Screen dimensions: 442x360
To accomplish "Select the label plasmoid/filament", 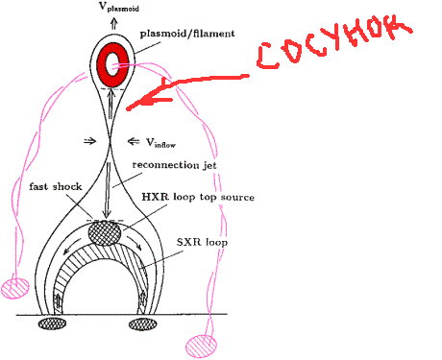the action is pyautogui.click(x=187, y=34).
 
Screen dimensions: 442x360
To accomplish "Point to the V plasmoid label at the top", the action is pyautogui.click(x=119, y=7).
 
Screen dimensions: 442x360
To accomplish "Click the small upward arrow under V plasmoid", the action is pyautogui.click(x=114, y=23).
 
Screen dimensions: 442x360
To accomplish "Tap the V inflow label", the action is pyautogui.click(x=160, y=143).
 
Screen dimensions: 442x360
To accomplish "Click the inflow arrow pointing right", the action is pyautogui.click(x=89, y=141).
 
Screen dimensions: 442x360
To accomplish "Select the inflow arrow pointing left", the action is pyautogui.click(x=134, y=141).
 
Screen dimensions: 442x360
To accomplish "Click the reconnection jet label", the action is pyautogui.click(x=175, y=165).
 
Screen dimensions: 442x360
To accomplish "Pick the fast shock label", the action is pyautogui.click(x=56, y=186).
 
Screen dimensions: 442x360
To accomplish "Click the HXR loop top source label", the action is pyautogui.click(x=198, y=197).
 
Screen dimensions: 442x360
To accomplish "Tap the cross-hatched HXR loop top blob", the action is pyautogui.click(x=105, y=233).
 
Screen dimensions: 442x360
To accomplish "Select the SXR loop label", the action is pyautogui.click(x=202, y=242).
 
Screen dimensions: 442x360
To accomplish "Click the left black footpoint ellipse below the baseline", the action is pyautogui.click(x=52, y=324).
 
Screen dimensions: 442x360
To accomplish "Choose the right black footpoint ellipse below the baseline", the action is pyautogui.click(x=143, y=324).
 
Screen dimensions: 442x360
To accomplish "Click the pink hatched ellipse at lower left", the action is pyautogui.click(x=15, y=288).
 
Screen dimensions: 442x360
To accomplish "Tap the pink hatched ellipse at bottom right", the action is pyautogui.click(x=201, y=346).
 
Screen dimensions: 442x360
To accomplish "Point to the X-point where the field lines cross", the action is pyautogui.click(x=110, y=142).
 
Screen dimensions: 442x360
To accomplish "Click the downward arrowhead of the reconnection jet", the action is pyautogui.click(x=106, y=215).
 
